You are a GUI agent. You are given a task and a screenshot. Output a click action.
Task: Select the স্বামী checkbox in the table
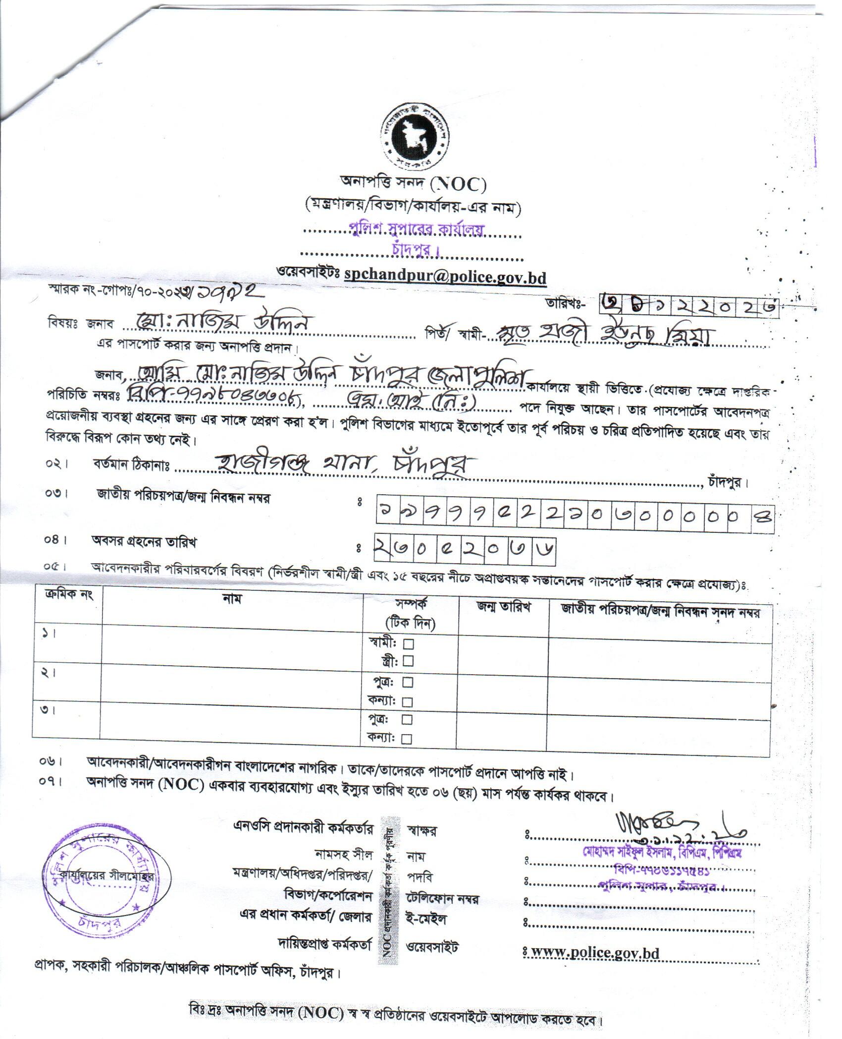click(x=409, y=644)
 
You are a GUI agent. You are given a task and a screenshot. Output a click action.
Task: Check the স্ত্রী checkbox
click(x=409, y=661)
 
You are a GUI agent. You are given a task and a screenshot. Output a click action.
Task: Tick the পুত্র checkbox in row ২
click(x=408, y=683)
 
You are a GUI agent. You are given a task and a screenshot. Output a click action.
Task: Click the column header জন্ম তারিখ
click(x=503, y=608)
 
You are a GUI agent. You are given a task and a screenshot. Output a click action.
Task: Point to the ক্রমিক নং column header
click(x=66, y=595)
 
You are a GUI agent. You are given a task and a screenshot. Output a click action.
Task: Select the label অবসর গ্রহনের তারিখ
click(x=144, y=542)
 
